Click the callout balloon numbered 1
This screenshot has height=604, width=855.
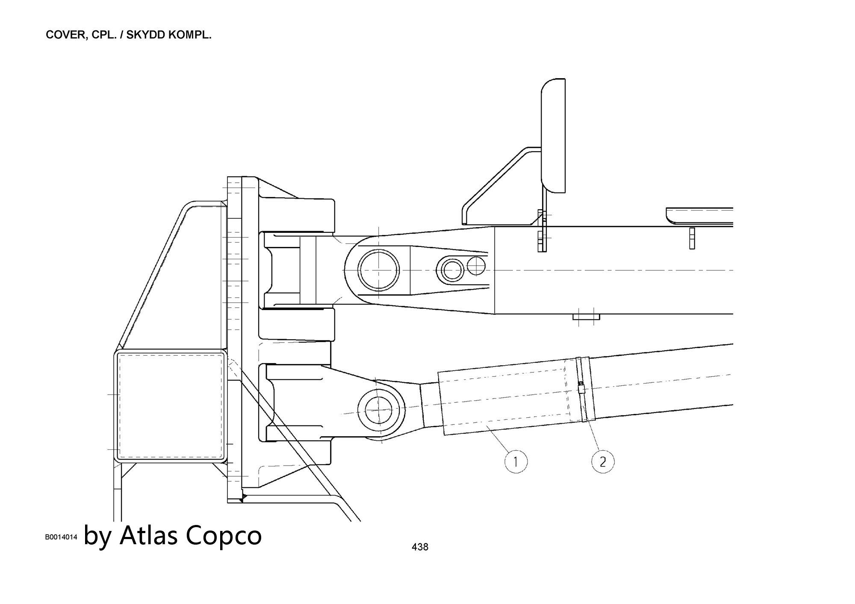point(516,462)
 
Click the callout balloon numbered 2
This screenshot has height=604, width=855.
point(603,462)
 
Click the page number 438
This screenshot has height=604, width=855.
point(420,547)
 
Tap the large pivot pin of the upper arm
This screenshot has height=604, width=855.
point(378,270)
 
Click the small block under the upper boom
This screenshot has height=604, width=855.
point(586,317)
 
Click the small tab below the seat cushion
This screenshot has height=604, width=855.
point(692,238)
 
